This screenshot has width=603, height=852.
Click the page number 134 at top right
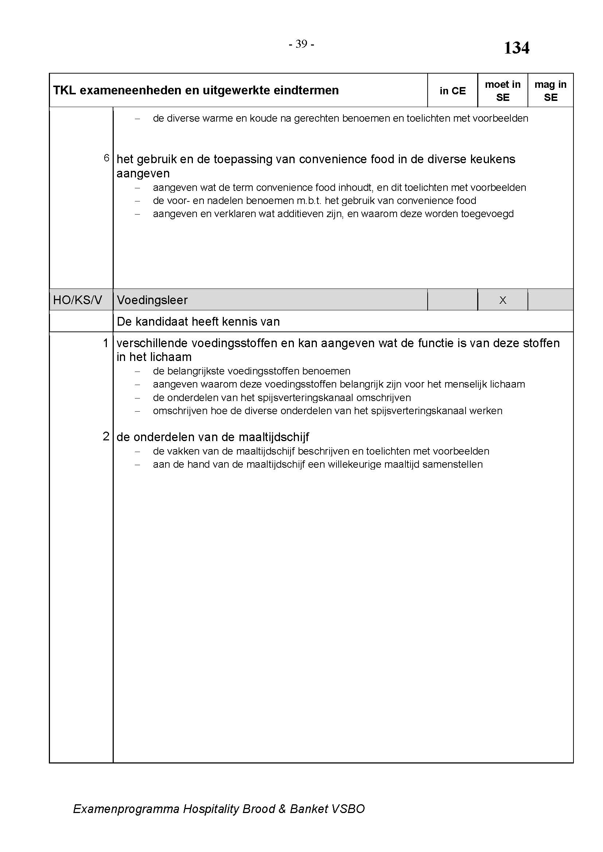point(516,48)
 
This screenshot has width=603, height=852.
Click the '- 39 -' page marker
point(301,44)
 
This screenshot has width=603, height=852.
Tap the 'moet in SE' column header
point(502,91)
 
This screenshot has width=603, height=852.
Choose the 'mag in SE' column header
point(550,91)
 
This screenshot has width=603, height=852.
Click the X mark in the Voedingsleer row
point(502,300)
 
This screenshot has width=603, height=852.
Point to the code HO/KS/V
point(77,300)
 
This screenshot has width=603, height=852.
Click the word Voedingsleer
point(152,300)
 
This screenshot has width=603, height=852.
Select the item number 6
point(106,158)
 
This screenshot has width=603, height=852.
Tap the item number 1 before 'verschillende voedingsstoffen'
point(106,343)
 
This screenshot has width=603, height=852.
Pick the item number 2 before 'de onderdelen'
point(106,436)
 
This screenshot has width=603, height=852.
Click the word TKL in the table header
point(64,91)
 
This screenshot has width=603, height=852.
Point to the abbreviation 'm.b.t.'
point(309,201)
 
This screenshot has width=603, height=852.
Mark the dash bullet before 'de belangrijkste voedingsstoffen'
point(137,372)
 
